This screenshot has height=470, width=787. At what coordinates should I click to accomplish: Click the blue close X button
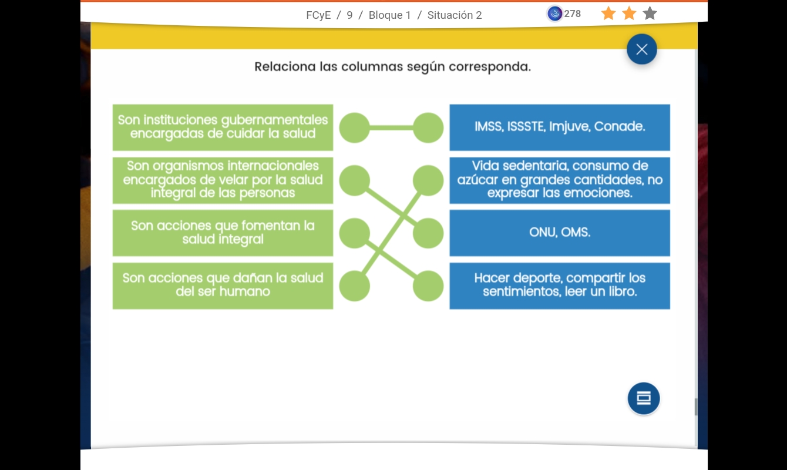pyautogui.click(x=641, y=49)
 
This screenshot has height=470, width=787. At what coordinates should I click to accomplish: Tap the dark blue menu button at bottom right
pyautogui.click(x=644, y=398)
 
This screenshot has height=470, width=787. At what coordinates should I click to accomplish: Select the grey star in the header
pyautogui.click(x=650, y=14)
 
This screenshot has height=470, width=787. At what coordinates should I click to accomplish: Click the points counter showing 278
pyautogui.click(x=564, y=14)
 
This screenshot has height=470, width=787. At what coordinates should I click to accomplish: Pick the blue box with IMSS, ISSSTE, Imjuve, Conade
pyautogui.click(x=560, y=127)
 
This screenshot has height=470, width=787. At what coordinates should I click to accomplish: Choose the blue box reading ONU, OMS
pyautogui.click(x=560, y=233)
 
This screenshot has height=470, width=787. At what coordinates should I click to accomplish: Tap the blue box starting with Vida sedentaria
pyautogui.click(x=560, y=180)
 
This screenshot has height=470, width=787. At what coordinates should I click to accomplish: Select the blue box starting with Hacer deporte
pyautogui.click(x=560, y=286)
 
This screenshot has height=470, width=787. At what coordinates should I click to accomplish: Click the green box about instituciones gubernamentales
pyautogui.click(x=223, y=127)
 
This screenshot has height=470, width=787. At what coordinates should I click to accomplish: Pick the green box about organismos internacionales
pyautogui.click(x=223, y=180)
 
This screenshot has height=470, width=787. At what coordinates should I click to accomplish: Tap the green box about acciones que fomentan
pyautogui.click(x=223, y=233)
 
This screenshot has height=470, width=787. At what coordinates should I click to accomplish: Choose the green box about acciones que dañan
pyautogui.click(x=223, y=286)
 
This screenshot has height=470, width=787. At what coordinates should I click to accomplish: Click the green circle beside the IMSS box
pyautogui.click(x=428, y=127)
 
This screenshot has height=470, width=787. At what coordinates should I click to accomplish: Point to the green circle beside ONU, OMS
pyautogui.click(x=428, y=233)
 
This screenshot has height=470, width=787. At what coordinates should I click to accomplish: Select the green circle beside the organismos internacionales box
pyautogui.click(x=355, y=180)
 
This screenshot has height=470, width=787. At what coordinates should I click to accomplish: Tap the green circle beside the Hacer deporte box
pyautogui.click(x=428, y=286)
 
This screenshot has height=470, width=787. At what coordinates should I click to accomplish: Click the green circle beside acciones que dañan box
pyautogui.click(x=355, y=286)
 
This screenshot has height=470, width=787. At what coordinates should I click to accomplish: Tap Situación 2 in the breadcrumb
pyautogui.click(x=455, y=15)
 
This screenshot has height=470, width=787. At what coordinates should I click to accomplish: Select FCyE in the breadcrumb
pyautogui.click(x=318, y=15)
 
